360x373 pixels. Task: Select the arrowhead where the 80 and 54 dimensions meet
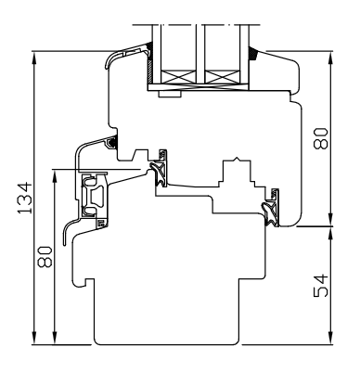click(331, 225)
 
